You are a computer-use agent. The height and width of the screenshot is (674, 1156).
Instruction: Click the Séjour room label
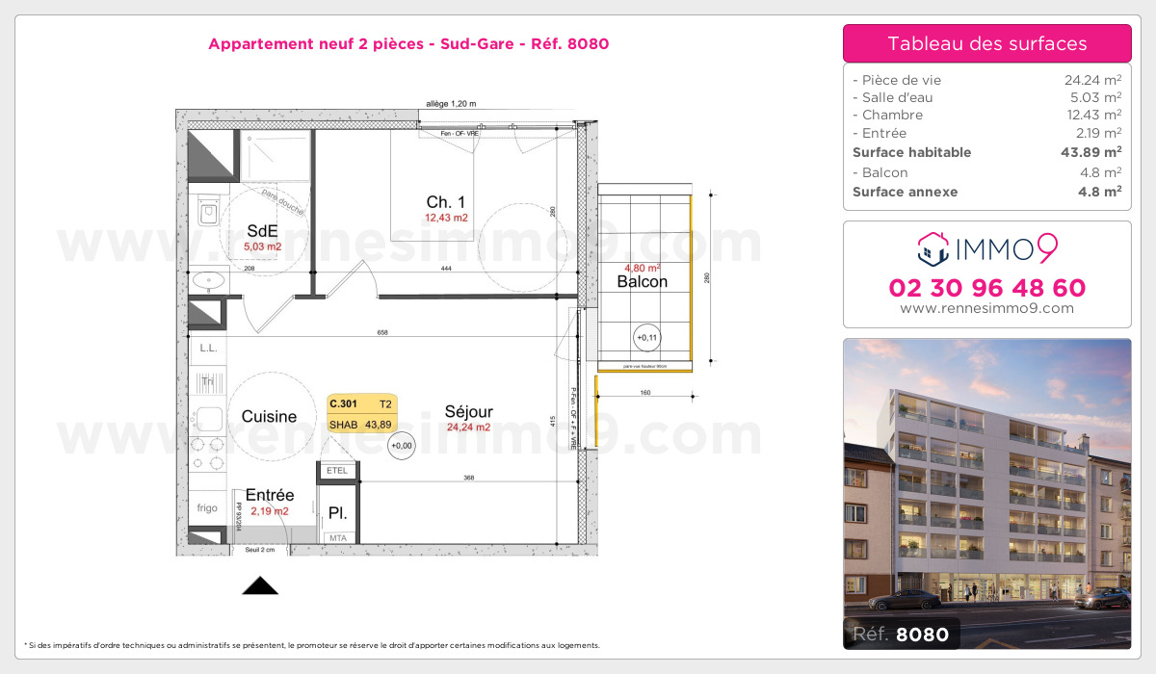469,411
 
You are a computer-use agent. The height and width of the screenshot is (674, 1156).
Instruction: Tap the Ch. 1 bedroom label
446,201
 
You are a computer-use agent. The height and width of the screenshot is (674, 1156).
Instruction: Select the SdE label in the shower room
262,230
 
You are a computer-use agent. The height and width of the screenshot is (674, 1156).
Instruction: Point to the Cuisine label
269,417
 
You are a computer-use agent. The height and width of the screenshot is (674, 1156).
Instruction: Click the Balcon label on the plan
642,281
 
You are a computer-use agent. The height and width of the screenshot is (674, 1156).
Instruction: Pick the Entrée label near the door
270,495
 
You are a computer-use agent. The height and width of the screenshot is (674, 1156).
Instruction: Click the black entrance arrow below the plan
259,585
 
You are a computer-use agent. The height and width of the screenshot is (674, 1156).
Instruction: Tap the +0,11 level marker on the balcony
646,337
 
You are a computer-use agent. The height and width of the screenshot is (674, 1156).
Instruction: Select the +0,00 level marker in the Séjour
401,445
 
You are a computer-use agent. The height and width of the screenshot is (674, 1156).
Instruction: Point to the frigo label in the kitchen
207,506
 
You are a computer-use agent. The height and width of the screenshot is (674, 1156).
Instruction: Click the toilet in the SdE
207,211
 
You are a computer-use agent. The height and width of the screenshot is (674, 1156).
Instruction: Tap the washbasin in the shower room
208,280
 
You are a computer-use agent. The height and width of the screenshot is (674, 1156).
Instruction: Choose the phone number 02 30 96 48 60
986,288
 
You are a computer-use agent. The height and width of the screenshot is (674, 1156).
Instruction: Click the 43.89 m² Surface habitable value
1097,152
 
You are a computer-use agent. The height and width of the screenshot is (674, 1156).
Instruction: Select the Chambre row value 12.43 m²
1097,115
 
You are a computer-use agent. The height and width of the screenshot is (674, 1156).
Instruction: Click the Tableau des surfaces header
986,43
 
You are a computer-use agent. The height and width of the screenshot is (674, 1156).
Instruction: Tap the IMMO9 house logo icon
933,248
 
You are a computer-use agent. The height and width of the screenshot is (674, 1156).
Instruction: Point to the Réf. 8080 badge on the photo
901,634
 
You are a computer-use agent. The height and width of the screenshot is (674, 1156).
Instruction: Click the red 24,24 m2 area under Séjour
469,428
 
